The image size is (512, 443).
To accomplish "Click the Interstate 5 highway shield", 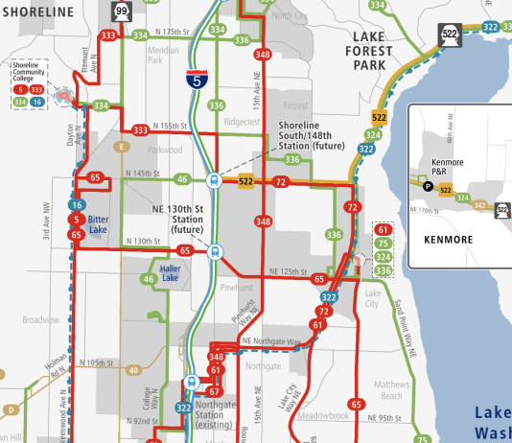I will click(197, 80).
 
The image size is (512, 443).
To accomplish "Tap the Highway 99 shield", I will click(122, 11).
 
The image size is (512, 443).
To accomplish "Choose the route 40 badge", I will click(133, 369).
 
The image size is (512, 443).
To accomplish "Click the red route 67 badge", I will click(215, 390).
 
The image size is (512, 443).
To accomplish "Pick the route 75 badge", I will click(384, 244).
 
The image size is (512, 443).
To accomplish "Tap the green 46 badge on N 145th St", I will click(181, 178).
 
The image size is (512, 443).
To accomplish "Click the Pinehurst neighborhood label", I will click(234, 286).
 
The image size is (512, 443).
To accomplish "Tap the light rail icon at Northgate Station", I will click(192, 381).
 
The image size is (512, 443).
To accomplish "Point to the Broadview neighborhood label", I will click(41, 319).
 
